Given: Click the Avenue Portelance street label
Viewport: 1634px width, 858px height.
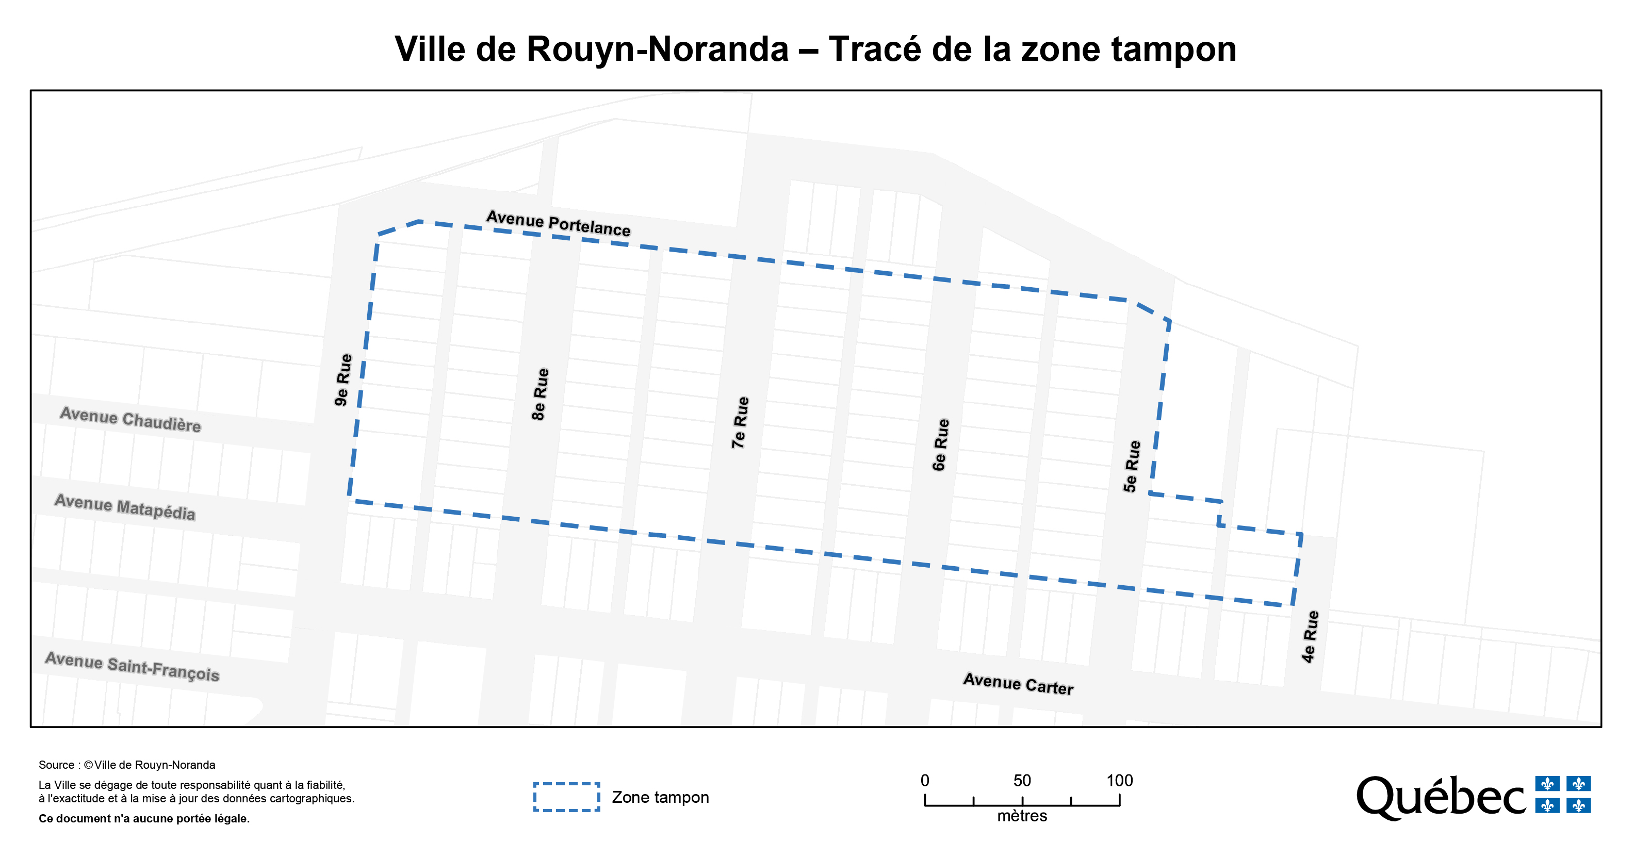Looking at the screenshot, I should click(558, 223).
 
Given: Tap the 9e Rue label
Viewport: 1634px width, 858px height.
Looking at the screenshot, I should click(343, 380).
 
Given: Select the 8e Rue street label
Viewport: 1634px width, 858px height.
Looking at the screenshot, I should click(540, 394).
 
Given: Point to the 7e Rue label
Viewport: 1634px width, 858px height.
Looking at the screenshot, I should click(740, 422).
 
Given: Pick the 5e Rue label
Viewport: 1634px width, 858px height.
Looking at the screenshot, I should click(1132, 466).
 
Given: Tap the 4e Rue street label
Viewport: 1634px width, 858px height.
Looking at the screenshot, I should click(1310, 636).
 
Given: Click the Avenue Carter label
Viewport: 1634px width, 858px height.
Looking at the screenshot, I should click(1018, 684).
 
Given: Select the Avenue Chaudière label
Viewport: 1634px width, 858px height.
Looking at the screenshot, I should click(130, 420).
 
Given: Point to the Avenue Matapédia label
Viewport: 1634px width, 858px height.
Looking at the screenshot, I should click(125, 507).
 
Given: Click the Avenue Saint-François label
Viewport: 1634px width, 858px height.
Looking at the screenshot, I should click(132, 667).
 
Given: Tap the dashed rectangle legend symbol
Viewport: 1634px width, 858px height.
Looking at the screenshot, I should click(566, 797).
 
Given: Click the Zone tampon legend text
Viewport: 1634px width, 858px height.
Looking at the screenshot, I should click(660, 797).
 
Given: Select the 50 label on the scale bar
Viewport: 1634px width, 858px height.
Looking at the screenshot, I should click(1022, 780).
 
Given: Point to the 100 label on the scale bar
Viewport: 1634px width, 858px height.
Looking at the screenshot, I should click(1120, 780).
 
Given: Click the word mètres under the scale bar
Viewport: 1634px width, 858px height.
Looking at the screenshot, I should click(1022, 816).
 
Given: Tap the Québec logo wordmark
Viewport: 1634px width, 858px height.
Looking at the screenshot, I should click(1440, 797).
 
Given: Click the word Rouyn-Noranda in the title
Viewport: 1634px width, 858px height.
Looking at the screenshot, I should click(657, 49).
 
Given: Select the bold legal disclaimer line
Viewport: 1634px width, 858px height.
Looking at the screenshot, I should click(144, 819).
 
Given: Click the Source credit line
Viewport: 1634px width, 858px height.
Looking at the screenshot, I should click(127, 765).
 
